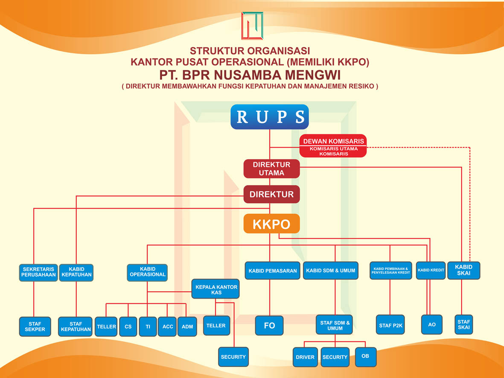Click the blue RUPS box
[x=269, y=116]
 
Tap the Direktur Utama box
[x=271, y=169]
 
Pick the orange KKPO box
[x=271, y=224]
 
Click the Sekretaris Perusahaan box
[x=38, y=272]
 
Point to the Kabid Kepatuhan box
[x=76, y=272]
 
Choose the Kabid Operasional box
[x=147, y=272]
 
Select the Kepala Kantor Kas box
[x=216, y=290]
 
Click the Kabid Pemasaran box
[x=272, y=270]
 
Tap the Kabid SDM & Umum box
[x=331, y=270]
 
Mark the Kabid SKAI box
[x=463, y=270]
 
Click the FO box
[x=269, y=326]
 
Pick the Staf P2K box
[x=390, y=326]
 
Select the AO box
[x=431, y=325]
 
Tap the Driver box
[x=305, y=357]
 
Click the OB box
[x=365, y=356]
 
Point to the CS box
[x=128, y=327]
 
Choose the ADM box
[x=187, y=327]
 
